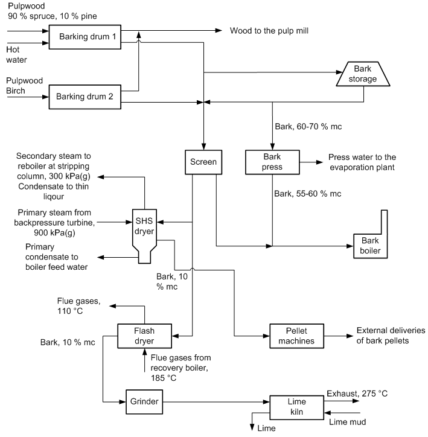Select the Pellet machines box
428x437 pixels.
[x=293, y=336]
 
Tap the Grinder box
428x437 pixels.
[x=144, y=400]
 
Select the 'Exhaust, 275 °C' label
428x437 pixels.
[x=357, y=394]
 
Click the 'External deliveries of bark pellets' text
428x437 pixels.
[x=391, y=336]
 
